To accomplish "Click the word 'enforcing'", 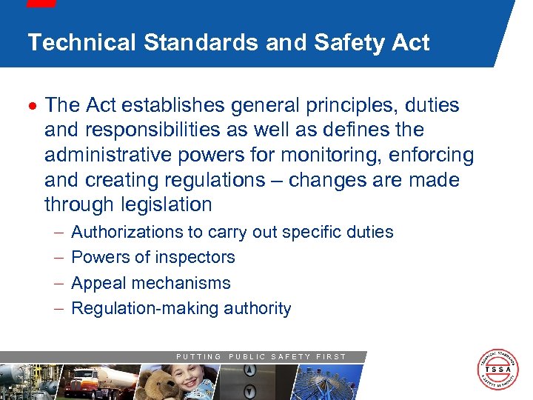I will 434,155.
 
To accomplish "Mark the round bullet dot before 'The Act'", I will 35,106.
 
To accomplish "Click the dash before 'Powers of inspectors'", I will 58,258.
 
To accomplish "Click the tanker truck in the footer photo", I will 96,382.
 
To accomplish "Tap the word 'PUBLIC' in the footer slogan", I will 247,357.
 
